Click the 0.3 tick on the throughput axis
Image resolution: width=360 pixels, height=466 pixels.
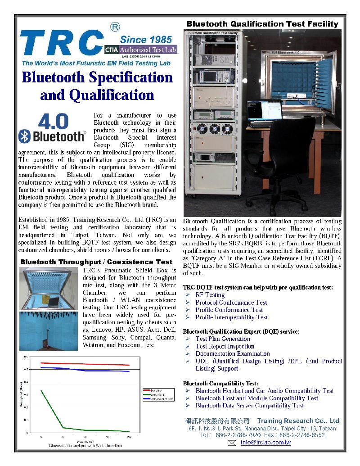[x=26, y=394]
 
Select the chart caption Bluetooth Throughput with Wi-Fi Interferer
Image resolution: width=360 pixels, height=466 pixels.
[x=85, y=445]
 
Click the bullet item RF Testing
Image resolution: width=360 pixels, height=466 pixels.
[x=210, y=295]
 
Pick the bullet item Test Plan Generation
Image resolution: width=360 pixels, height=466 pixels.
[x=222, y=339]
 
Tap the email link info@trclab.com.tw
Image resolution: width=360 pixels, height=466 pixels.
[x=265, y=443]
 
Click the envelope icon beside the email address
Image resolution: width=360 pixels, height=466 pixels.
[x=232, y=443]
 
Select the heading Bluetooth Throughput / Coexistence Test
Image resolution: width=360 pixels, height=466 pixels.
[x=96, y=262]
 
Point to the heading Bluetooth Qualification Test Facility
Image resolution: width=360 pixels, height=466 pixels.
[x=262, y=24]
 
